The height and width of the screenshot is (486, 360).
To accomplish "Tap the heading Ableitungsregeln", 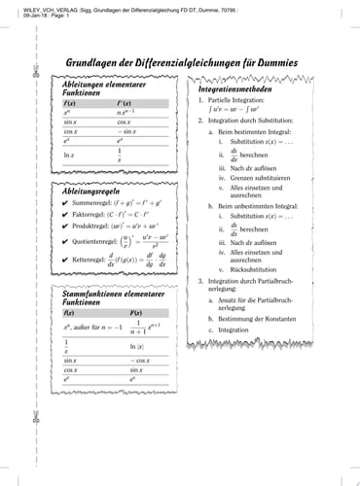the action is point(83,192).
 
